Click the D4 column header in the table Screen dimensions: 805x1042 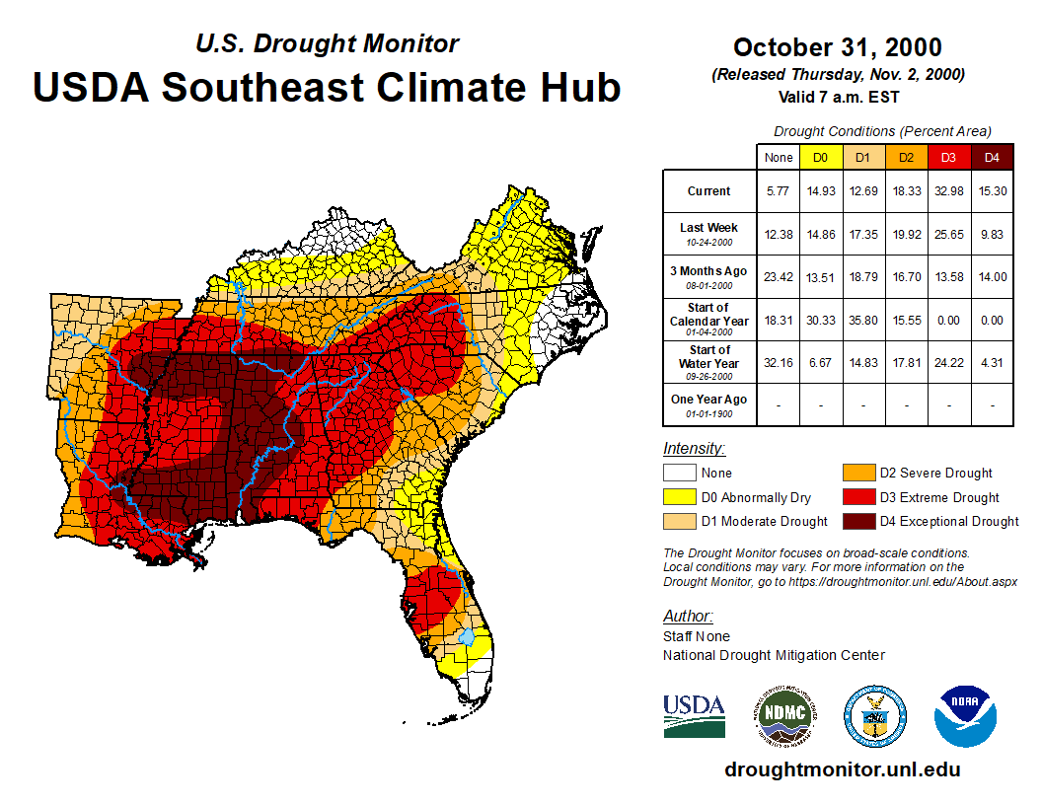(x=993, y=157)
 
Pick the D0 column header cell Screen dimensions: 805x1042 (x=820, y=157)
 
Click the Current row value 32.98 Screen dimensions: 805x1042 (x=949, y=191)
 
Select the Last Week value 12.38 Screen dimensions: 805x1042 (x=779, y=233)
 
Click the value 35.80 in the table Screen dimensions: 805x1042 (x=862, y=320)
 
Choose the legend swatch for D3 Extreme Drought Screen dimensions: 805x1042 (x=856, y=497)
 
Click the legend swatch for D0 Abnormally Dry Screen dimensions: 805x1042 (x=679, y=497)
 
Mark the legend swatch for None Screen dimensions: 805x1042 (x=679, y=474)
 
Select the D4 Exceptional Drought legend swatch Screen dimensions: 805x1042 (x=856, y=521)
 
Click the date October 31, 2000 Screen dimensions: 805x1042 (x=837, y=47)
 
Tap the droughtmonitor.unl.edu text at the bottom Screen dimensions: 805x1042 (x=842, y=769)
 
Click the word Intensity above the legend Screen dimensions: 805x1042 (x=694, y=449)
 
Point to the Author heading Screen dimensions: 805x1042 (x=688, y=617)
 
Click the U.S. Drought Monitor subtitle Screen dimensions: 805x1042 (x=327, y=44)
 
